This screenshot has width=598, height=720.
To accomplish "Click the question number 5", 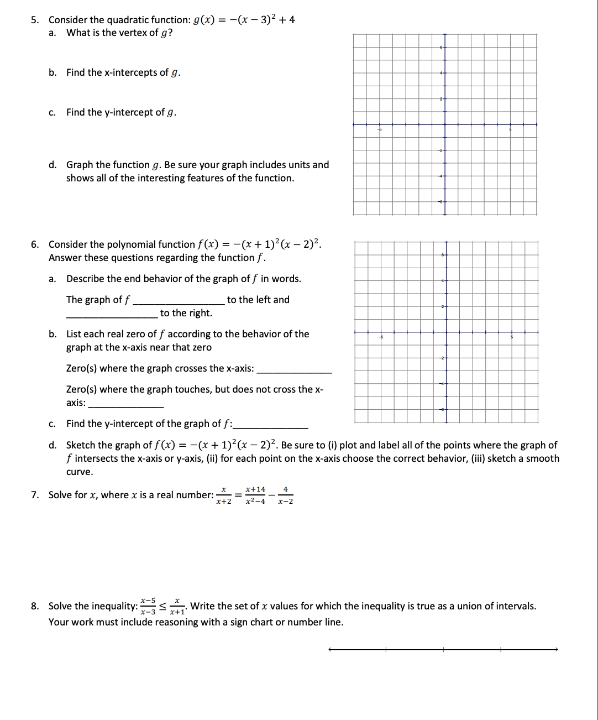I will [34, 20].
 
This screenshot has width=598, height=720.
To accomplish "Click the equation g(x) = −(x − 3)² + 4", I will [244, 20].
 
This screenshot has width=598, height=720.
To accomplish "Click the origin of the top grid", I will [445, 124].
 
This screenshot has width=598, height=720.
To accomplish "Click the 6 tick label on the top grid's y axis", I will [441, 48].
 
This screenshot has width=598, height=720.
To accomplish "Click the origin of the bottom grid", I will [446, 332].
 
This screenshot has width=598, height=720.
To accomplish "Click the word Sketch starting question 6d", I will [80, 445].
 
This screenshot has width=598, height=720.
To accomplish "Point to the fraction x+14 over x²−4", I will [255, 495].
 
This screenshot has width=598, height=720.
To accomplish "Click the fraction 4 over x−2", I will [285, 495].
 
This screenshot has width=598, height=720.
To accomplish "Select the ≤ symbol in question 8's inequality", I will [163, 606].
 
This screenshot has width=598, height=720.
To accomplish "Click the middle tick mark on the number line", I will [443, 649].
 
